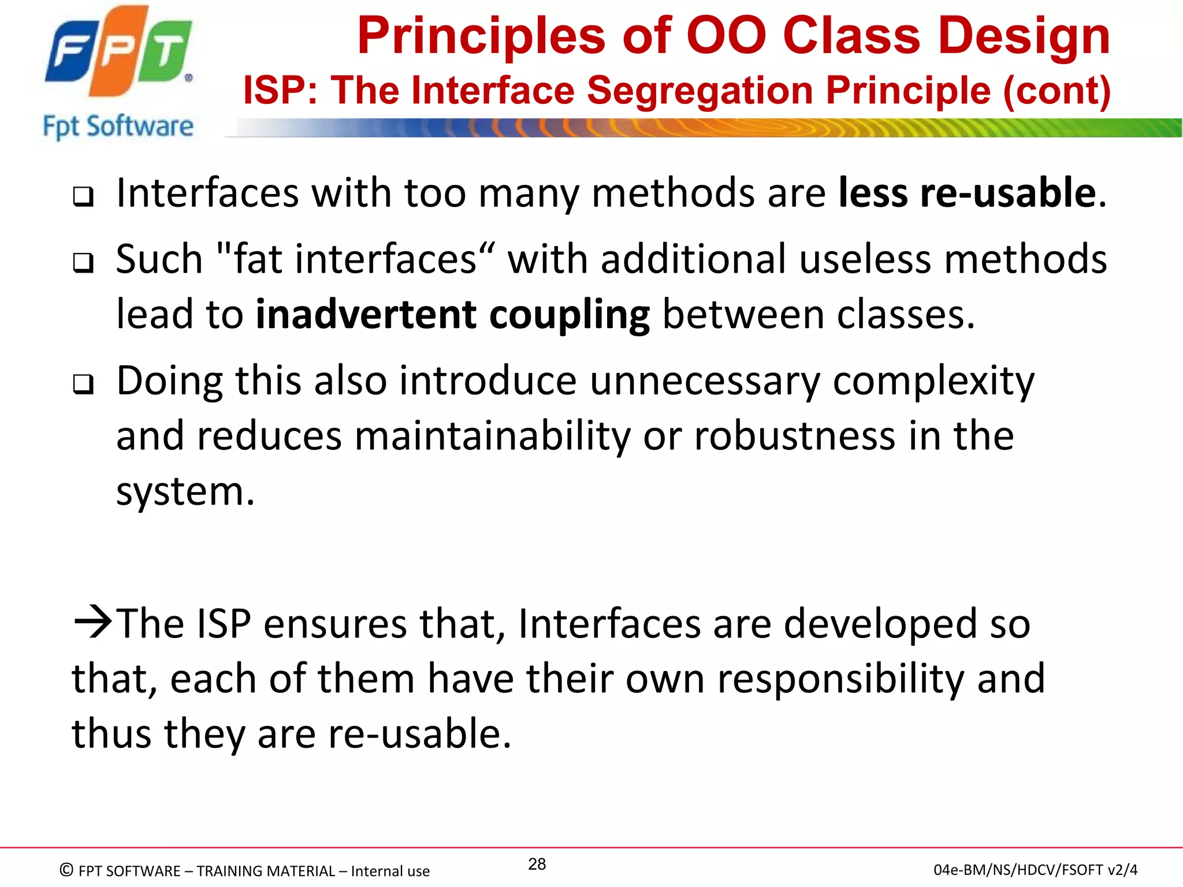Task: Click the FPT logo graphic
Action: click(118, 52)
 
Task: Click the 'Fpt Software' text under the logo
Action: click(118, 126)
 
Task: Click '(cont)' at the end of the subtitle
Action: click(1056, 91)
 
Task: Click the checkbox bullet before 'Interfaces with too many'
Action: click(83, 197)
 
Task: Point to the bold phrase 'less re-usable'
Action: click(967, 193)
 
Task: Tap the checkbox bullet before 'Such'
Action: click(83, 263)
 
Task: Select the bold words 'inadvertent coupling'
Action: click(453, 315)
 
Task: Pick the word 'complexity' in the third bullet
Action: click(933, 382)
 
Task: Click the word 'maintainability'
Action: click(492, 436)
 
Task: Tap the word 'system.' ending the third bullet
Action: click(185, 492)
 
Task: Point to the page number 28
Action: click(537, 864)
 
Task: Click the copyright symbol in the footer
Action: click(67, 870)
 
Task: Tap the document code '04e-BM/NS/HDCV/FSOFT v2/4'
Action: click(1035, 870)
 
